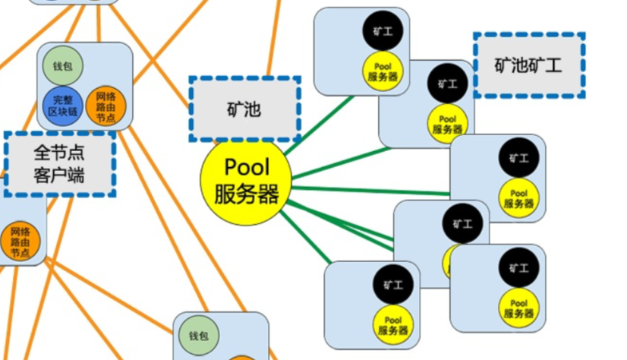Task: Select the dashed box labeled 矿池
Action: click(244, 109)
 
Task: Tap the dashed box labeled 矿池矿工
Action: click(529, 65)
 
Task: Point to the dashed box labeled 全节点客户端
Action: click(60, 163)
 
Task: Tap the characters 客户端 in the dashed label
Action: click(59, 176)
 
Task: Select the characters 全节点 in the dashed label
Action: click(59, 153)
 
